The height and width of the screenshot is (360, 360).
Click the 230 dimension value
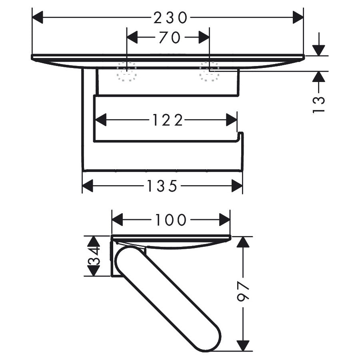(170, 18)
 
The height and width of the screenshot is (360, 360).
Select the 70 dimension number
(170, 38)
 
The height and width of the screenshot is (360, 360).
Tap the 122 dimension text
(168, 120)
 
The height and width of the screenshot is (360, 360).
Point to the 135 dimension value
(162, 186)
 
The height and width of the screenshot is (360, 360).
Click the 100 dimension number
(171, 220)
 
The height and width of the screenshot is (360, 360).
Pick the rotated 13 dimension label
(319, 105)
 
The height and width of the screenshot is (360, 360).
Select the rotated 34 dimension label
(94, 256)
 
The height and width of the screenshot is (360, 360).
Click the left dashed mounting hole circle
(127, 71)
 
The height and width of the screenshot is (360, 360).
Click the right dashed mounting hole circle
(209, 71)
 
